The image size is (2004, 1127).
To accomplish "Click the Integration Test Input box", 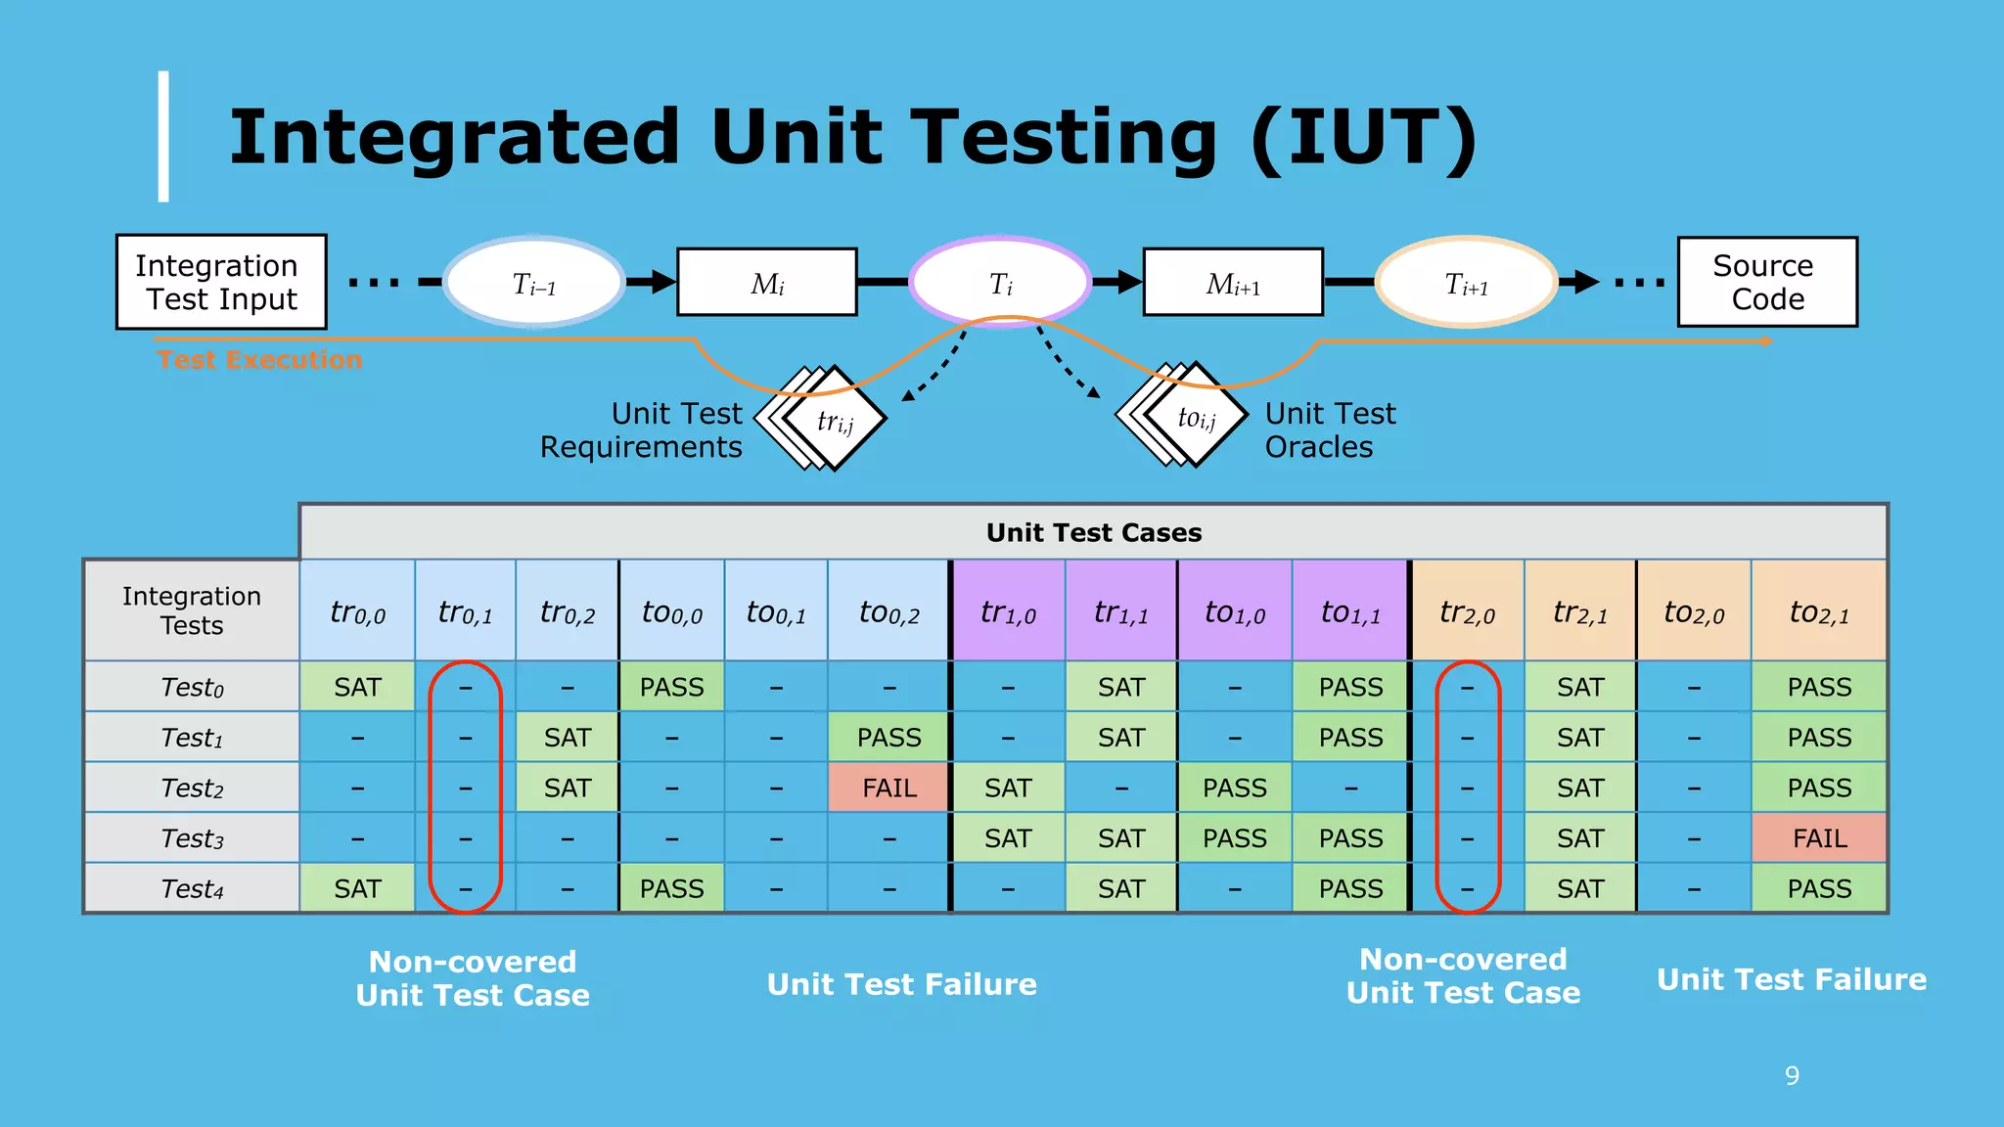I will click(221, 282).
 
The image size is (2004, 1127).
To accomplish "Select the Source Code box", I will click(1767, 282).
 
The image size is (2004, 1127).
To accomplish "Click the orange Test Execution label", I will click(259, 360).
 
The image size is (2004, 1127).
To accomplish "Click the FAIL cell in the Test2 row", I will click(888, 788).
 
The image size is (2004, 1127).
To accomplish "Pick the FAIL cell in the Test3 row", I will click(1819, 838).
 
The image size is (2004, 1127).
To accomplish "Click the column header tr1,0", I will click(1008, 612).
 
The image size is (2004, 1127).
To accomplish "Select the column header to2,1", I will click(1819, 612).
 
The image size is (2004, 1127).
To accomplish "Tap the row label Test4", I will click(192, 888).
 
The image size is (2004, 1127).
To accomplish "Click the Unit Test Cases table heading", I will click(1093, 532).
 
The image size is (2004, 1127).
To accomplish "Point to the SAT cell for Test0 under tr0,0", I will click(357, 687).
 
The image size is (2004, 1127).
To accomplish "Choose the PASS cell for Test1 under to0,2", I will click(888, 738).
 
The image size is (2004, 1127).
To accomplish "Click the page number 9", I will click(1792, 1075).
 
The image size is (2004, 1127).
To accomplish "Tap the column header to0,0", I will click(671, 612).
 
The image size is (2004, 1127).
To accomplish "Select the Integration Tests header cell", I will click(192, 610).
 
